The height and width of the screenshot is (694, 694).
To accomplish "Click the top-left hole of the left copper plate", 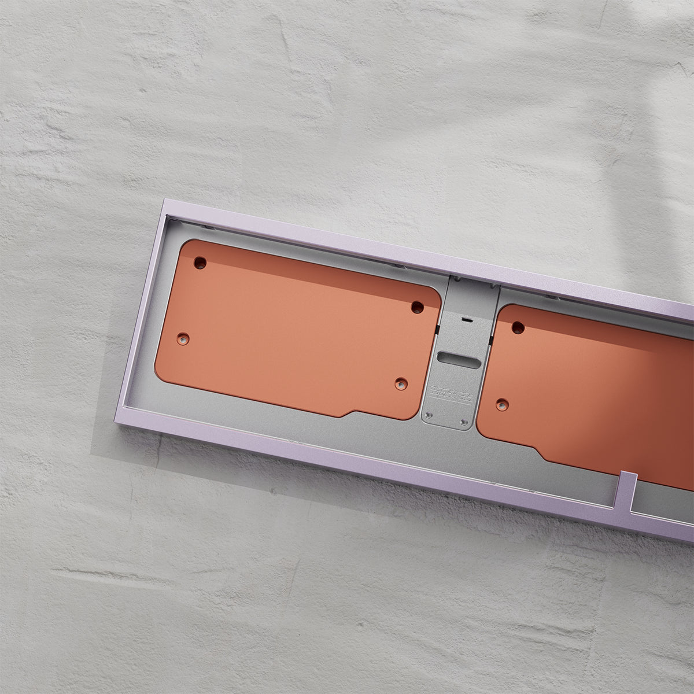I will click(200, 263).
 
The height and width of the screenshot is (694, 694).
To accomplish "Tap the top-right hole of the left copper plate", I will click(418, 307).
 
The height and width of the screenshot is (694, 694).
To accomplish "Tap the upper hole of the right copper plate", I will click(518, 328).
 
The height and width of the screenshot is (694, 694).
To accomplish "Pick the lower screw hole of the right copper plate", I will click(501, 404).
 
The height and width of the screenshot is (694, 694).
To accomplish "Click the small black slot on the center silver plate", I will click(466, 319).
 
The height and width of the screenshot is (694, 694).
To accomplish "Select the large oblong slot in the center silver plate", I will click(459, 359).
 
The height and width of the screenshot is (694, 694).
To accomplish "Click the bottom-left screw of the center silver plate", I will click(429, 416).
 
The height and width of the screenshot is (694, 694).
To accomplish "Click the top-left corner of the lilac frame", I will click(164, 202).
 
